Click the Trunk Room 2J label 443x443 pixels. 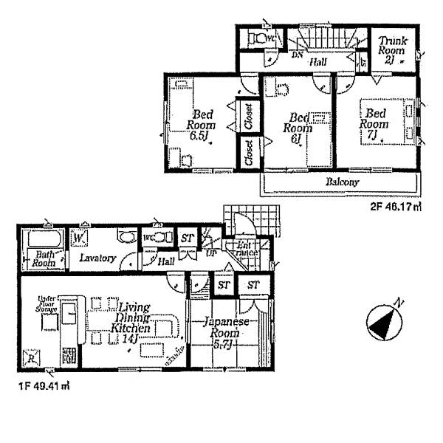[391, 49]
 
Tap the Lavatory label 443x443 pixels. [99, 258]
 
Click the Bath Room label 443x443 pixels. [41, 258]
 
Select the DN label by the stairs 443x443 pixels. [298, 54]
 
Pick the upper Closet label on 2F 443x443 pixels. [248, 121]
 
